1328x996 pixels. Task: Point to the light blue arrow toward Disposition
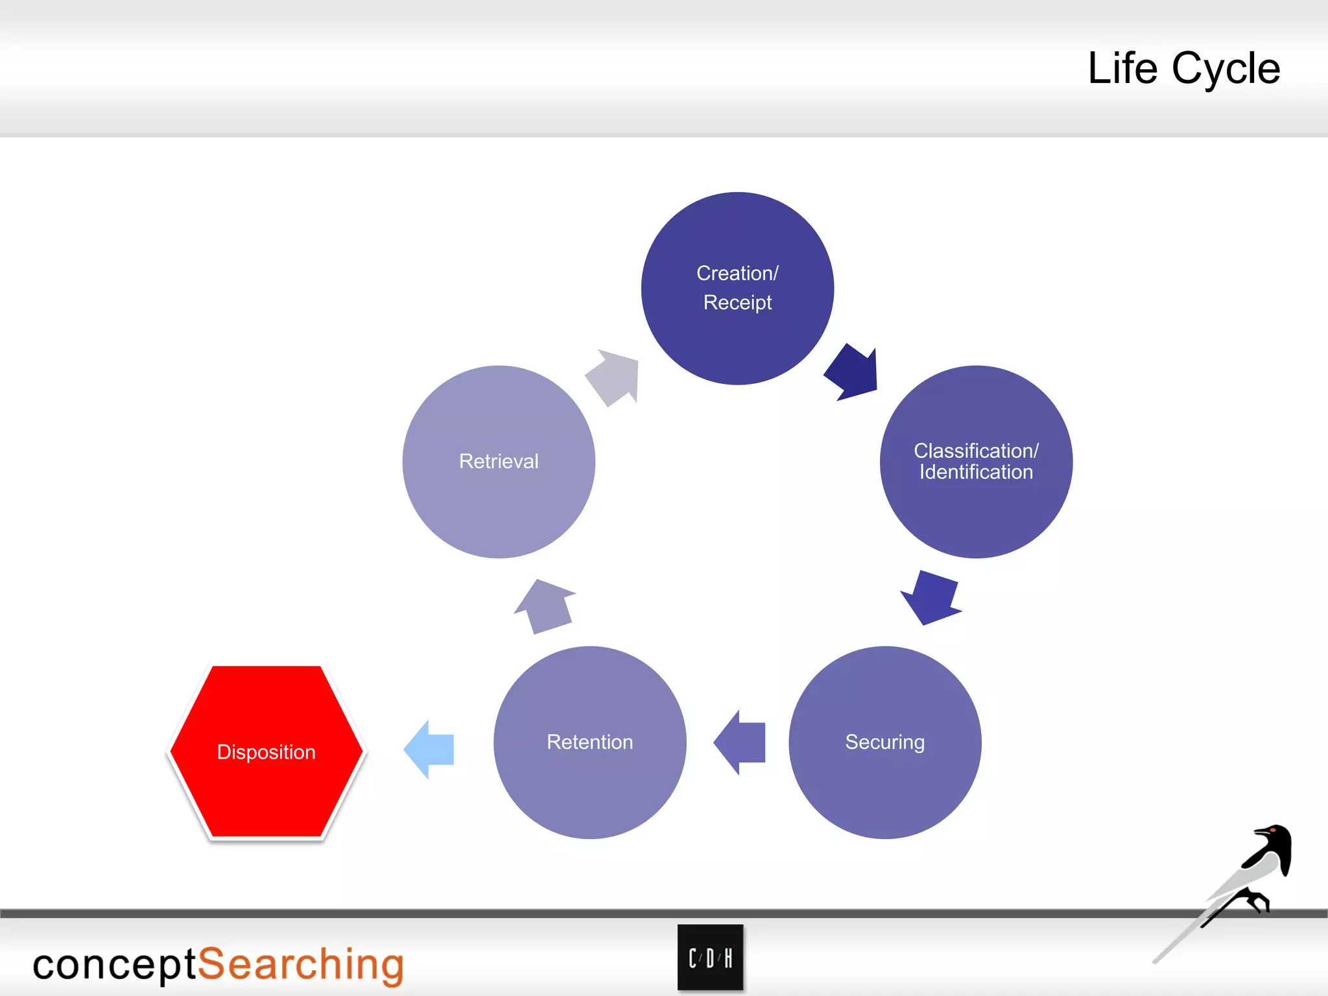click(x=430, y=749)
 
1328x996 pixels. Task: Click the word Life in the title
click(x=1122, y=68)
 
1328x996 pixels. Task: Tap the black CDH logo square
click(x=710, y=958)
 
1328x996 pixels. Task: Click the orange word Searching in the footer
click(x=300, y=964)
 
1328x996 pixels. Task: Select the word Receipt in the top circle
click(x=737, y=303)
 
